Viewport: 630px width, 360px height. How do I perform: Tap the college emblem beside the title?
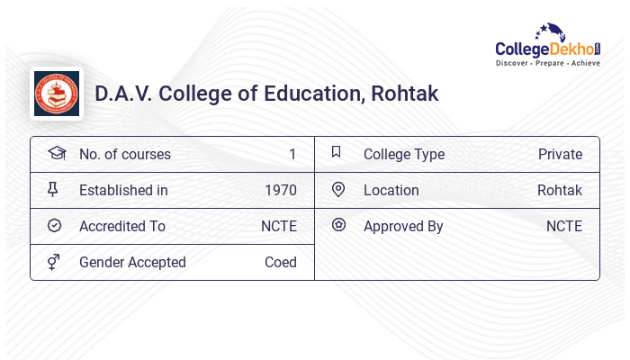click(57, 94)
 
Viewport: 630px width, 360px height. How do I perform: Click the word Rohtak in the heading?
click(402, 94)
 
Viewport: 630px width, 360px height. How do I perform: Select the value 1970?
click(281, 190)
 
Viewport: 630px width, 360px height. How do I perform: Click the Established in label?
click(123, 190)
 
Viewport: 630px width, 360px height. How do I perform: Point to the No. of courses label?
click(125, 154)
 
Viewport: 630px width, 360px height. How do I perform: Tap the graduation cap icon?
click(56, 153)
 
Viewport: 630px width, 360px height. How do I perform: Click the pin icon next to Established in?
click(53, 189)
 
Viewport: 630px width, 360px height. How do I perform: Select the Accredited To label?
click(122, 226)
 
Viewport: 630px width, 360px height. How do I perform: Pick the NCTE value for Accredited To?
click(279, 226)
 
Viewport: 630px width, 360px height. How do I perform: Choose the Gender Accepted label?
click(132, 262)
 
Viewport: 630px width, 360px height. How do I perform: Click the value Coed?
click(281, 262)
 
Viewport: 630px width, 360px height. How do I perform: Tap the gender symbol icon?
click(53, 262)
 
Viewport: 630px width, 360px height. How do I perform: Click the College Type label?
click(404, 154)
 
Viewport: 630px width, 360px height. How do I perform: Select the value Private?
click(560, 154)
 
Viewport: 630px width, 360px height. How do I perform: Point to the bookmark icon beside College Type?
click(337, 152)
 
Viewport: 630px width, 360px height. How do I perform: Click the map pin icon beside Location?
click(338, 189)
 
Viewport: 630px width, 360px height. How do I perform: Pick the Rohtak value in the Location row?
click(560, 190)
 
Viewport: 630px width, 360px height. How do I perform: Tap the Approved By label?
click(403, 226)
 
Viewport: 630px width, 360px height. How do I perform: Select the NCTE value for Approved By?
click(564, 226)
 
